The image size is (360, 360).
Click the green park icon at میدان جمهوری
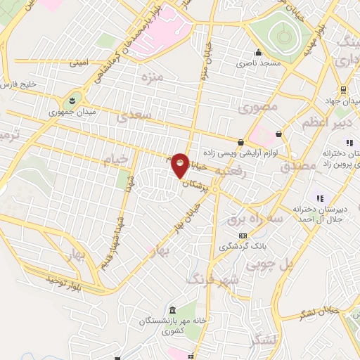pyautogui.click(x=73, y=99)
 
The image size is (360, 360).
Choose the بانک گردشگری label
pyautogui.click(x=243, y=246)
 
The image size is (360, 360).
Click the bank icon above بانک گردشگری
pyautogui.click(x=243, y=236)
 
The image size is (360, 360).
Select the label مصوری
pyautogui.click(x=258, y=108)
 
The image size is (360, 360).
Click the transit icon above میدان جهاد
pyautogui.click(x=343, y=90)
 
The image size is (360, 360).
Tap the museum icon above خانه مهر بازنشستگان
pyautogui.click(x=173, y=309)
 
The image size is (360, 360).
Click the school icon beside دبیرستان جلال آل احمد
pyautogui.click(x=319, y=198)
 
